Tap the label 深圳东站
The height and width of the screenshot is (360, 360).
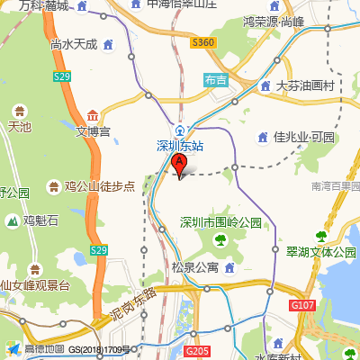pyautogui.click(x=180, y=145)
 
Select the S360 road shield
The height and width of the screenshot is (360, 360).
pyautogui.click(x=203, y=42)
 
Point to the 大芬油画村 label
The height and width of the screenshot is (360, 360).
pyautogui.click(x=305, y=86)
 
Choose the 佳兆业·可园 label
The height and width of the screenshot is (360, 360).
pyautogui.click(x=303, y=137)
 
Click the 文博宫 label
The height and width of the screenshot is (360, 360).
pyautogui.click(x=93, y=131)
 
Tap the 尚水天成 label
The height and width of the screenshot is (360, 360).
pyautogui.click(x=74, y=43)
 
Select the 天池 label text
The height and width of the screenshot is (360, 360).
pyautogui.click(x=19, y=127)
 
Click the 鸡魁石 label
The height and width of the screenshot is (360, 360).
pyautogui.click(x=40, y=220)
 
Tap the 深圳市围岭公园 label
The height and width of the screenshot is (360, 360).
pyautogui.click(x=220, y=221)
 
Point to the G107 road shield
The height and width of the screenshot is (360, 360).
pyautogui.click(x=303, y=307)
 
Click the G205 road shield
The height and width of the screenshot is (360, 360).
pyautogui.click(x=200, y=350)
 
